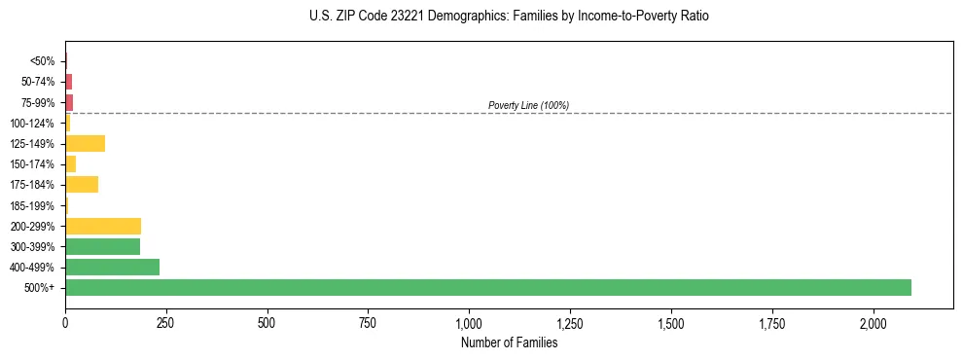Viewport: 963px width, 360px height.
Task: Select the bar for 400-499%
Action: click(112, 267)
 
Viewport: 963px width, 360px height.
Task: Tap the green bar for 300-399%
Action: click(102, 246)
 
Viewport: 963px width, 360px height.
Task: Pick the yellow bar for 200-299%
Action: click(103, 226)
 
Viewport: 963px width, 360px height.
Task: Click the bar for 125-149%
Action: click(85, 143)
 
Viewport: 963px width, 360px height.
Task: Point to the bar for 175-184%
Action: click(82, 184)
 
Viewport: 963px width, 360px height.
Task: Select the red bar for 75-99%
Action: click(69, 102)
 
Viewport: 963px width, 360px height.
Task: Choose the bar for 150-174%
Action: click(70, 163)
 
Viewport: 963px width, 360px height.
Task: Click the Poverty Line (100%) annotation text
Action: click(528, 105)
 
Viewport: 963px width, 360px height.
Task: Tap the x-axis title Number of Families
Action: click(509, 342)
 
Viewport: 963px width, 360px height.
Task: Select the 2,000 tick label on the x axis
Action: click(874, 323)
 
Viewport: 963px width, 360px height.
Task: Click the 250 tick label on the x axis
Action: click(166, 323)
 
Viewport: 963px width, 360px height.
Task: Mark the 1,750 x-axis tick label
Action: click(772, 323)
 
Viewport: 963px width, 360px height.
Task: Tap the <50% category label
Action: click(42, 61)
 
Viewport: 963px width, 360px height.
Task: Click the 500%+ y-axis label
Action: click(40, 288)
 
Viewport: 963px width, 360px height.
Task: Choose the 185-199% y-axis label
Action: click(32, 205)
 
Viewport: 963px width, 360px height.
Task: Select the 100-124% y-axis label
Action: click(32, 124)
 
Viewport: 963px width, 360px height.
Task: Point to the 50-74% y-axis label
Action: click(37, 82)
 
